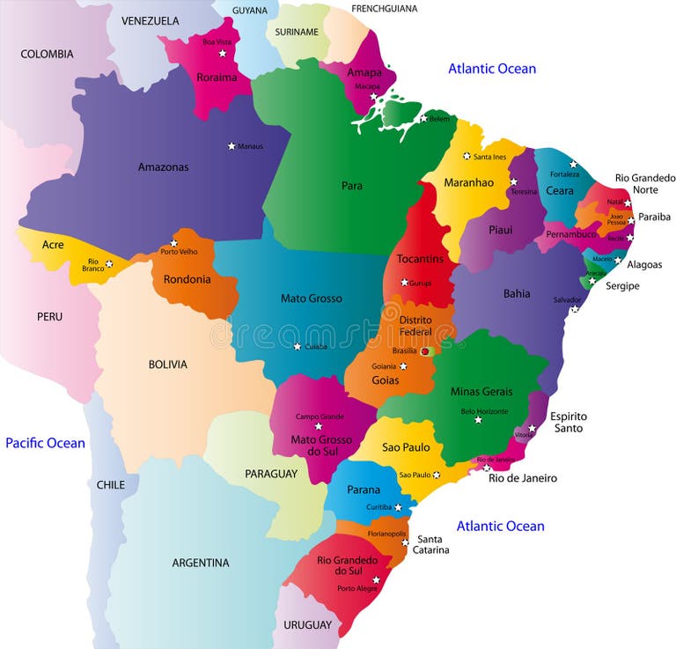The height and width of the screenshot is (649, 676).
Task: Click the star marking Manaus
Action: click(231, 146)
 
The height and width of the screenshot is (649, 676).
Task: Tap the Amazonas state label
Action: click(163, 166)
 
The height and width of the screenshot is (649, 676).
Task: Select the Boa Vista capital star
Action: click(222, 54)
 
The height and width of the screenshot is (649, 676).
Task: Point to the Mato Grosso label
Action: click(311, 299)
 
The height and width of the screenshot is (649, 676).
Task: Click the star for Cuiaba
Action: click(297, 346)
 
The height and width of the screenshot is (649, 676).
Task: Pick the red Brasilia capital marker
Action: click(424, 350)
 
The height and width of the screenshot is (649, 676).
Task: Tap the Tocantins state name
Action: click(419, 259)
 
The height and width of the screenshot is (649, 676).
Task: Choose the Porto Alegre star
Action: click(376, 579)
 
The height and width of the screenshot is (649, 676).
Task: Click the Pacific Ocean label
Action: click(45, 443)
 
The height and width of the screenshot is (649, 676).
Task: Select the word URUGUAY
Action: click(308, 625)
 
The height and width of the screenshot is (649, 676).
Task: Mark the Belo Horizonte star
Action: click(478, 419)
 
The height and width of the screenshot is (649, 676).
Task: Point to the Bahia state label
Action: click(516, 293)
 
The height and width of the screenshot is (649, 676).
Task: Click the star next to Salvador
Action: click(574, 309)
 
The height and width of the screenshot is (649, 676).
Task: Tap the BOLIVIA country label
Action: click(167, 364)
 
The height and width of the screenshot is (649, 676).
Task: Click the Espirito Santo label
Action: click(569, 423)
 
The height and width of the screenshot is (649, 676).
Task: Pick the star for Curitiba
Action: click(398, 507)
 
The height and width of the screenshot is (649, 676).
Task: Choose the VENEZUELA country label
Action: click(150, 20)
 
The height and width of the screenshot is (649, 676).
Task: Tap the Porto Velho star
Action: click(173, 243)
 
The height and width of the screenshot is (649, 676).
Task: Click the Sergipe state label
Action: click(621, 286)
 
